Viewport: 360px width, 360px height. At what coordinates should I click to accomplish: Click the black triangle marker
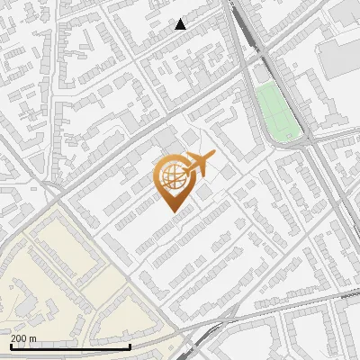click(181, 24)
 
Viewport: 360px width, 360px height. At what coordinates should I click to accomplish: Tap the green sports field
click(277, 112)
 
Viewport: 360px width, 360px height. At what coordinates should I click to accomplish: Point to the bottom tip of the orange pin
click(171, 211)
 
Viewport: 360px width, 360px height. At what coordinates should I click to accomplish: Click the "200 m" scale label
click(23, 338)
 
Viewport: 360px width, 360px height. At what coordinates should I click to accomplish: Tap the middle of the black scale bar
click(70, 346)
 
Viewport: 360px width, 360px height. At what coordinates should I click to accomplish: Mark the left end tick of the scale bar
click(11, 346)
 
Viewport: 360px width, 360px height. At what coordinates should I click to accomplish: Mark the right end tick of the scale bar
click(130, 346)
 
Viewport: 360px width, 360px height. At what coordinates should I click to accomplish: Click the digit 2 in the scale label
click(13, 338)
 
